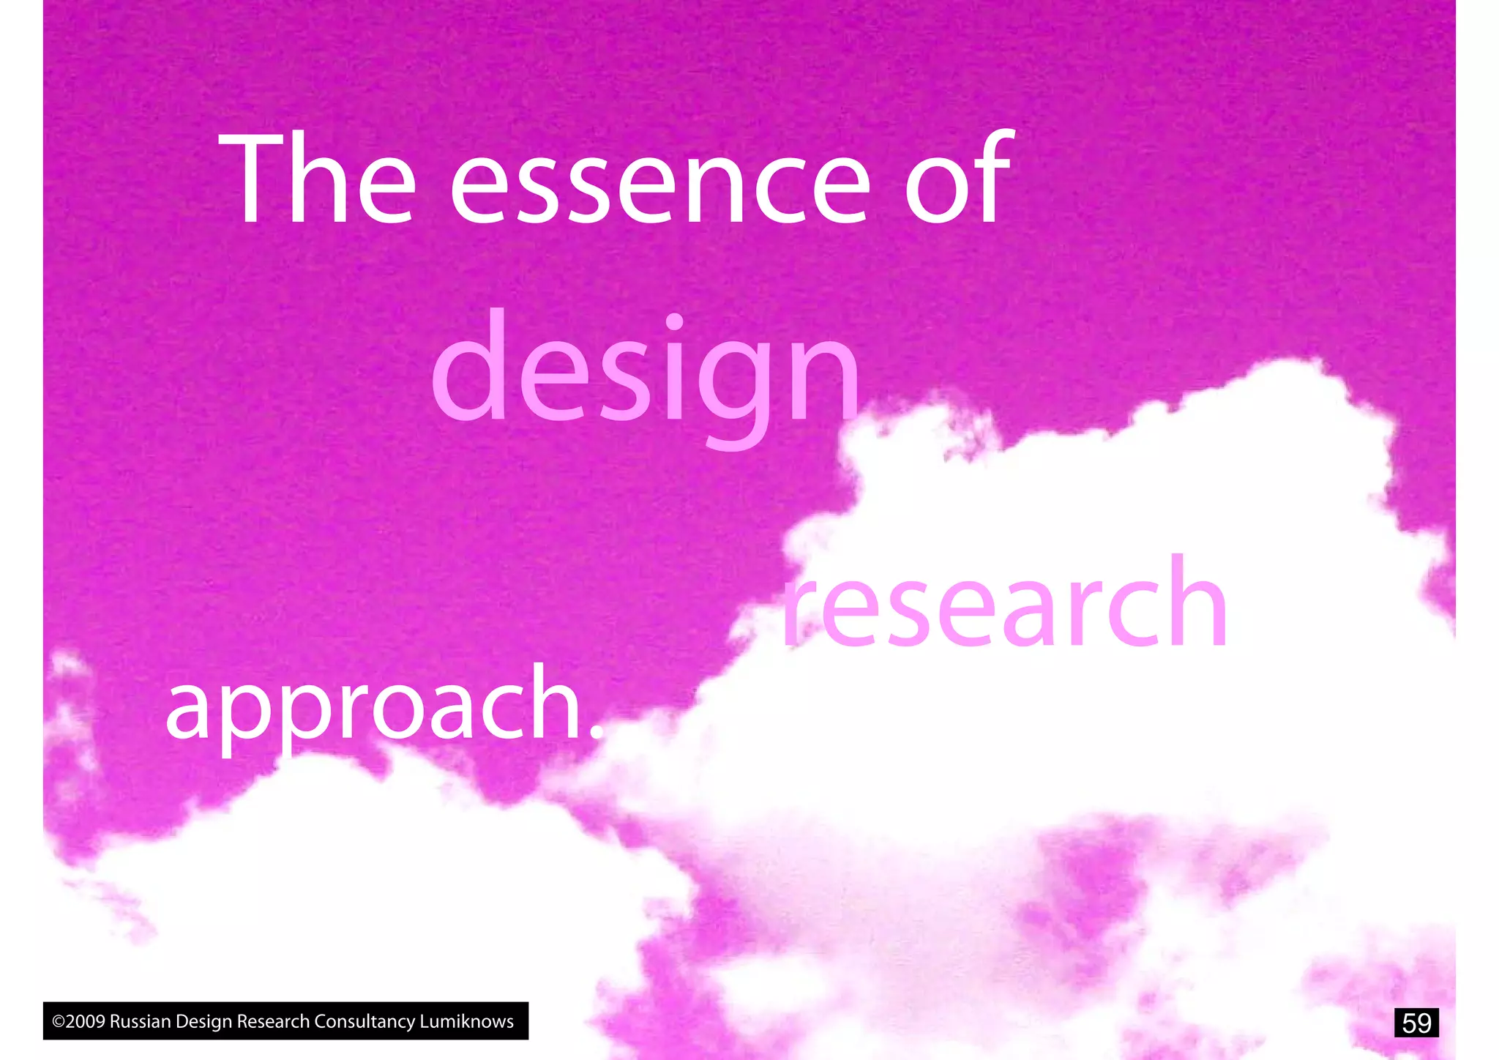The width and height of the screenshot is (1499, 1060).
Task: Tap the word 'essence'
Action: click(659, 187)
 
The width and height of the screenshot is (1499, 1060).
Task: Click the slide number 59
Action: click(1416, 1023)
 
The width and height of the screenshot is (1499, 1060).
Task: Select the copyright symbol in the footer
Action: click(59, 1022)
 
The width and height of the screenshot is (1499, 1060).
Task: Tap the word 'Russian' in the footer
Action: click(140, 1021)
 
